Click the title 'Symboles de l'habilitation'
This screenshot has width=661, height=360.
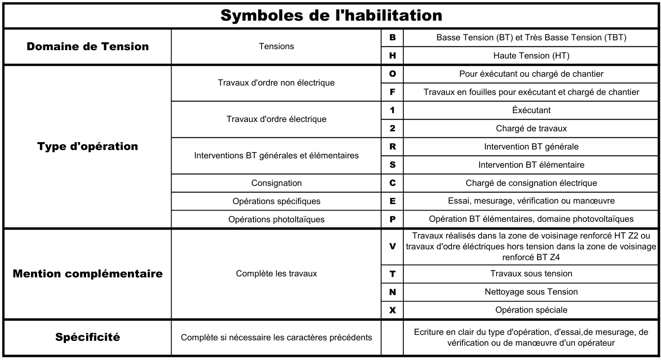point(331,15)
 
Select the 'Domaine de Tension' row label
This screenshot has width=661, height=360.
point(88,46)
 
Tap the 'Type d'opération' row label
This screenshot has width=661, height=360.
point(88,146)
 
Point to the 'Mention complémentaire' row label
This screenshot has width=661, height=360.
point(88,273)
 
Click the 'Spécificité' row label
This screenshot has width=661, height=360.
point(88,337)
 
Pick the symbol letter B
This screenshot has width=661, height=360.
point(392,37)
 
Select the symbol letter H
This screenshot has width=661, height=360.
point(392,56)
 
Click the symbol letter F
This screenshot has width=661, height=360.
point(392,92)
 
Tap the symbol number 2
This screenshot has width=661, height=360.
point(392,128)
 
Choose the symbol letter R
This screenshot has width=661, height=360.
point(392,147)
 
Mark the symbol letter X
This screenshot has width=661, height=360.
point(392,310)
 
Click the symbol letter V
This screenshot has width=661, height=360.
point(392,246)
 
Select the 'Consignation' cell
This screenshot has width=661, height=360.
point(276,183)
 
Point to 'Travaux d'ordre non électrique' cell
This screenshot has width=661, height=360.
point(276,83)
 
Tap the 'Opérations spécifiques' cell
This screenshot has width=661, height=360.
point(276,201)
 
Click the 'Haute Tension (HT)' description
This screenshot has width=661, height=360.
point(531,56)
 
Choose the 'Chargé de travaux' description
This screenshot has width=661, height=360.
point(531,128)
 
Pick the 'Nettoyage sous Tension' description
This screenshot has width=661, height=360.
point(531,292)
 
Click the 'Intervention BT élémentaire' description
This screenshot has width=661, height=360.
point(531,165)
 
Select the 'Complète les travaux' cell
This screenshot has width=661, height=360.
point(276,273)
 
